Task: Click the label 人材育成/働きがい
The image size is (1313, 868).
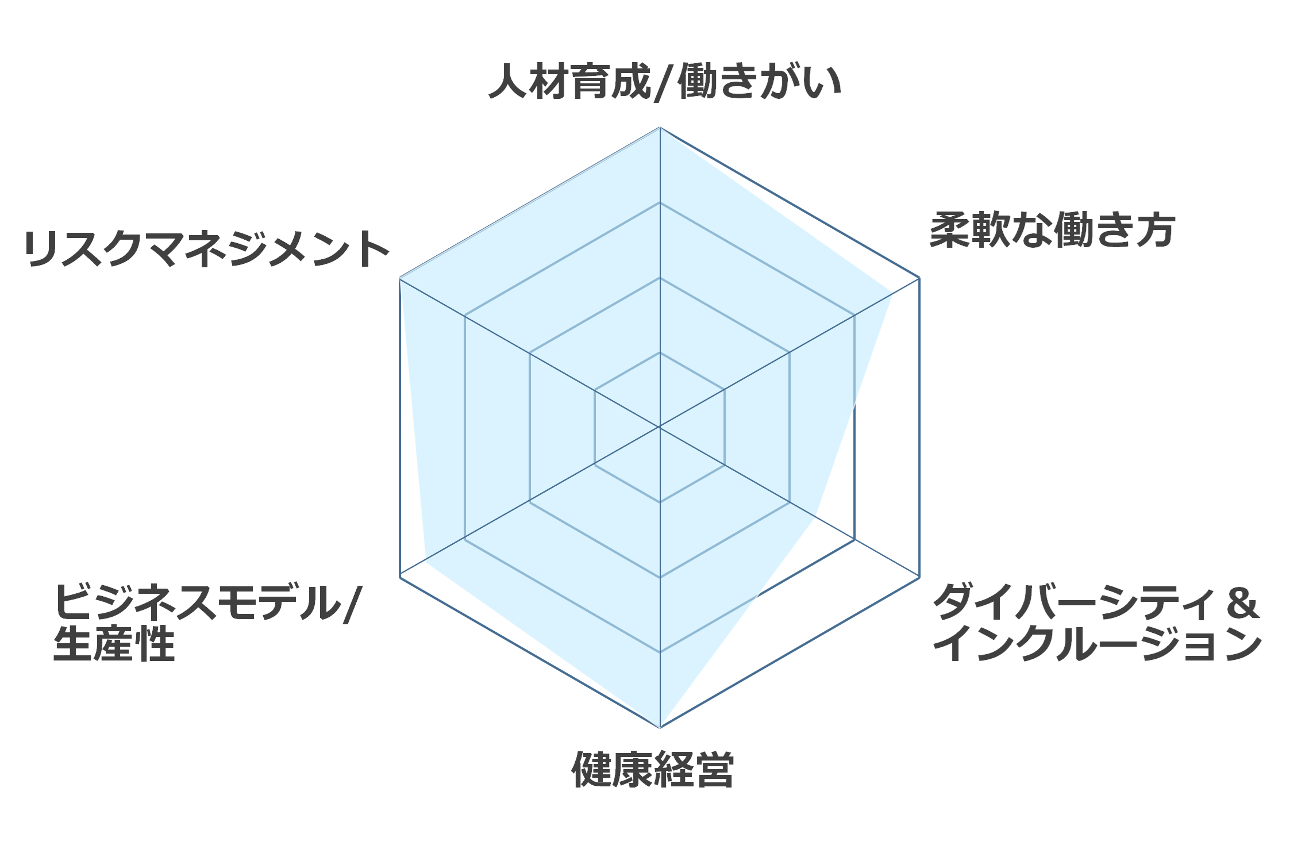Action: pos(665,82)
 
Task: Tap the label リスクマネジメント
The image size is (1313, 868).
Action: pos(207,249)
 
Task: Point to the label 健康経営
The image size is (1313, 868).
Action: pos(653,769)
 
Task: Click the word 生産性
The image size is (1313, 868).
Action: pos(114,644)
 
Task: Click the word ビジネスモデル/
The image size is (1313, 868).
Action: pos(207,603)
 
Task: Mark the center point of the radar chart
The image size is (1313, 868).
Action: pos(660,427)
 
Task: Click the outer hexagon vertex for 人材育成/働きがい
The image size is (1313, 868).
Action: pos(660,127)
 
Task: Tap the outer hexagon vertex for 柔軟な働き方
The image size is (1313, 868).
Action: pos(919,278)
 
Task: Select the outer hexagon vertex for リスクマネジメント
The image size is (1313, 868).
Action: pos(399,278)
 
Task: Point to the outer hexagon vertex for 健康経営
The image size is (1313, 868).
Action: pos(660,728)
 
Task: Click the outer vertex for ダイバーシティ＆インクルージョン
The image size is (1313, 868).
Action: pos(919,577)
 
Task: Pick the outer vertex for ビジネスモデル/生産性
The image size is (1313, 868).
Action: pos(399,577)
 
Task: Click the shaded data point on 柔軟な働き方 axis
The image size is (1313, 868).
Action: pos(892,294)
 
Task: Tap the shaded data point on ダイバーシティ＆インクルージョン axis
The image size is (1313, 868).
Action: pos(814,516)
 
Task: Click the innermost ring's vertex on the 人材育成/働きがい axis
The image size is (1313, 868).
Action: pos(660,352)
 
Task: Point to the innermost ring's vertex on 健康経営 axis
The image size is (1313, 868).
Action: pos(660,502)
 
